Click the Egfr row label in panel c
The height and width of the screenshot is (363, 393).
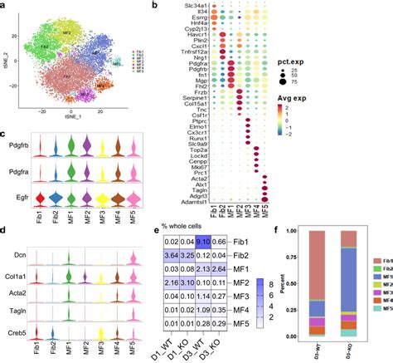point(20,199)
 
